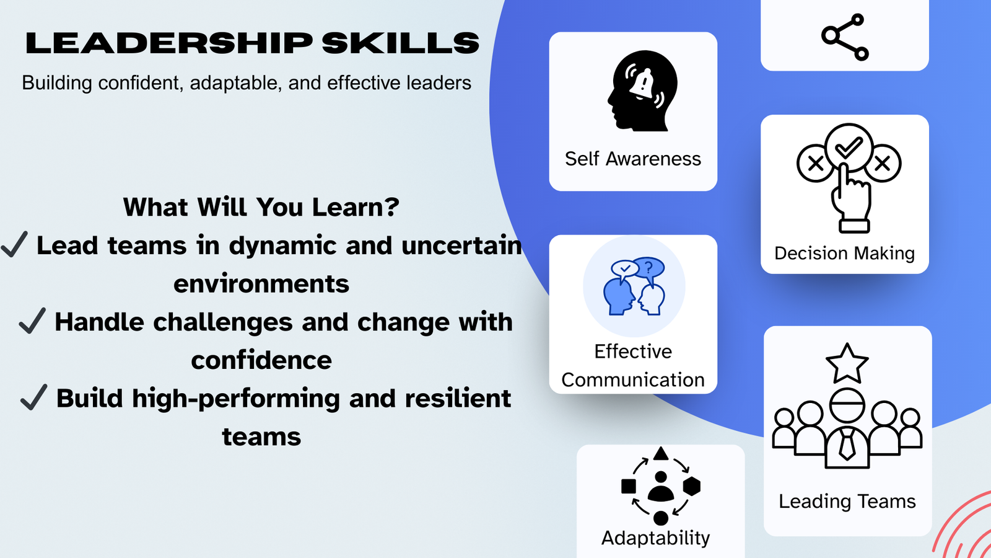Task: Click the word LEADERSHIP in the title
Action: click(169, 43)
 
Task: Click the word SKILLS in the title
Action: click(401, 43)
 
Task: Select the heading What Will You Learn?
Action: click(261, 207)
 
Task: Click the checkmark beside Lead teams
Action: click(14, 244)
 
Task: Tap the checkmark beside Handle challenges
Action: click(32, 321)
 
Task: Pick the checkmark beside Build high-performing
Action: click(33, 397)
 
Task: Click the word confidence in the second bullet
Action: click(261, 360)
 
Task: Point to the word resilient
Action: click(458, 399)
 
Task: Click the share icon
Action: click(845, 37)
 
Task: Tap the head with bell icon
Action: click(642, 91)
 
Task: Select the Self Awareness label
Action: click(632, 159)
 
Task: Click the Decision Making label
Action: click(844, 253)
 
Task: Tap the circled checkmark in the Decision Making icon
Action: click(849, 148)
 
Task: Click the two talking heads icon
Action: click(634, 286)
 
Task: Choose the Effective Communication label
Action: click(633, 366)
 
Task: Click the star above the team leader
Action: click(847, 364)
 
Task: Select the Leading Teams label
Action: click(847, 501)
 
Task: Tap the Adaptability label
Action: click(655, 538)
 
